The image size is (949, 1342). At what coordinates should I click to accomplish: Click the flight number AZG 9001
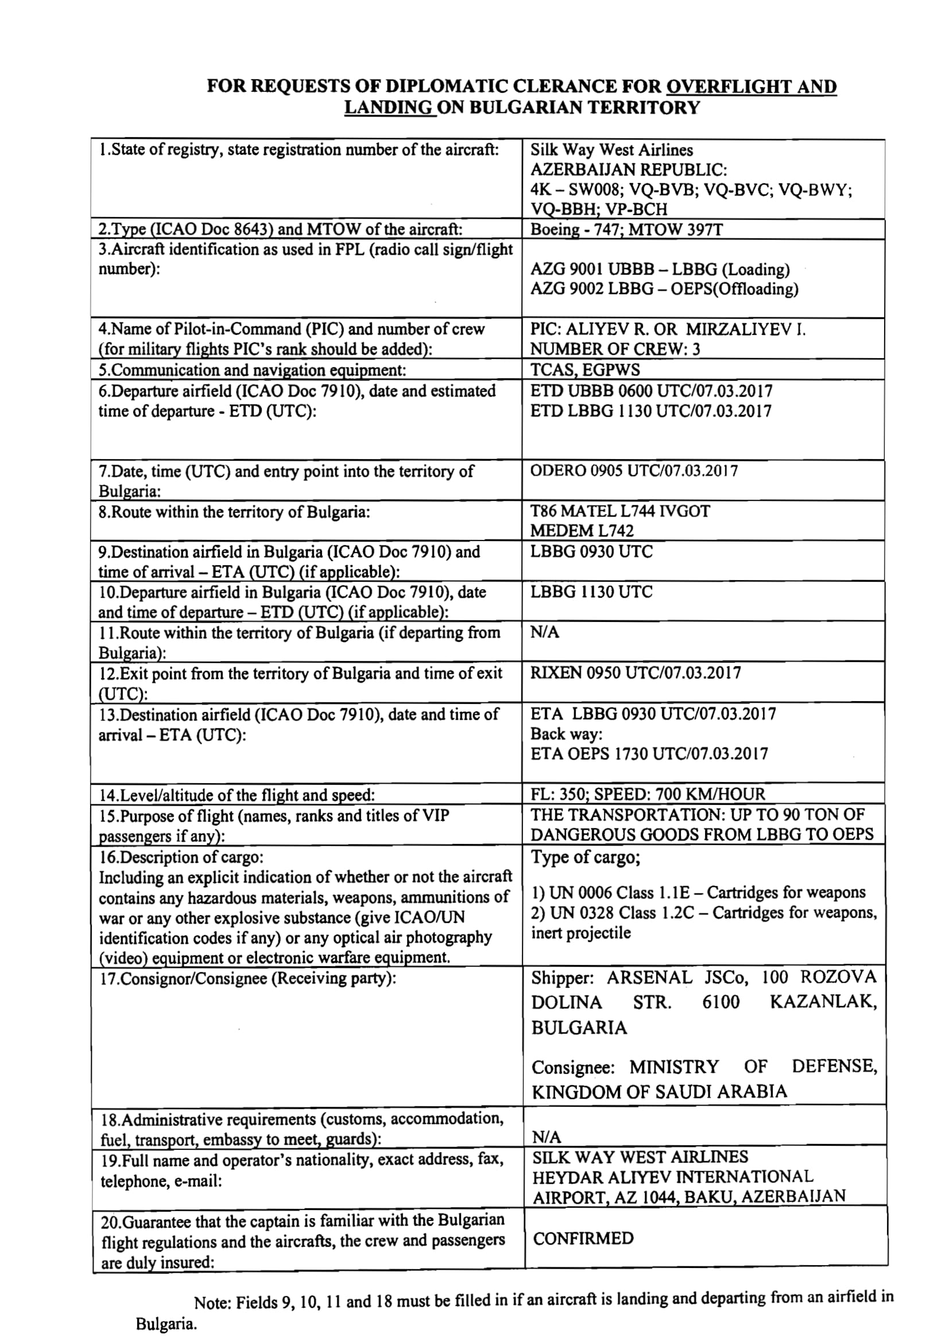pyautogui.click(x=566, y=270)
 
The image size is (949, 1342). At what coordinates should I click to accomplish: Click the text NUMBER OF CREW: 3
pyautogui.click(x=615, y=349)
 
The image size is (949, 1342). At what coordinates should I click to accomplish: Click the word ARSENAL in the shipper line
pyautogui.click(x=650, y=977)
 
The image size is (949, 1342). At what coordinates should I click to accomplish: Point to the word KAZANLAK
pyautogui.click(x=823, y=1002)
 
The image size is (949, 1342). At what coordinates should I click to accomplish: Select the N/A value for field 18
pyautogui.click(x=546, y=1137)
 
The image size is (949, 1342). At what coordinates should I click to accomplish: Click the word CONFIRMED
pyautogui.click(x=583, y=1239)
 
